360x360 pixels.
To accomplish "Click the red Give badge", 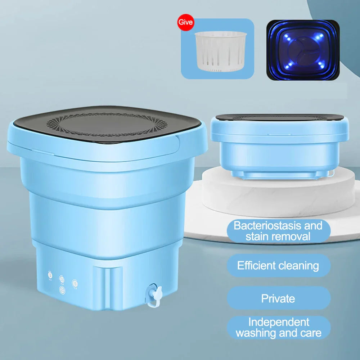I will [186, 22].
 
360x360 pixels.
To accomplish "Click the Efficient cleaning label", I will [278, 266].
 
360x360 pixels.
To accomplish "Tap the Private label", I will [278, 298].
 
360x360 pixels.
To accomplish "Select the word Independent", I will [279, 322].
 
